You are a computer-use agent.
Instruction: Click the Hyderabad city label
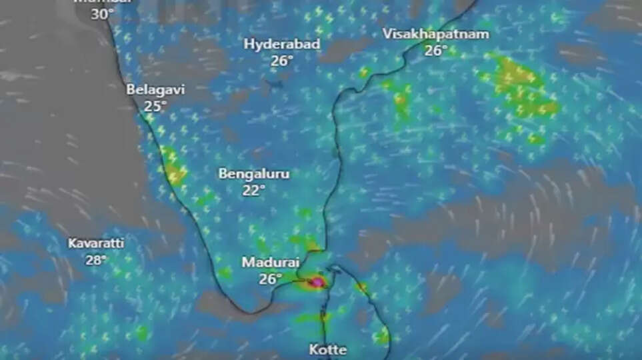click(x=281, y=44)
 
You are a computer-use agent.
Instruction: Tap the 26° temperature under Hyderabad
click(x=282, y=60)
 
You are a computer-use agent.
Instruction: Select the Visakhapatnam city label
click(x=435, y=34)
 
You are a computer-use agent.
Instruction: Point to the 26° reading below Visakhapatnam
click(x=436, y=50)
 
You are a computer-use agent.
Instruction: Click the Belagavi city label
click(x=155, y=89)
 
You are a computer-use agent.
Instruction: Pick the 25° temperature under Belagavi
click(x=155, y=106)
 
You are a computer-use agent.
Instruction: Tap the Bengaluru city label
click(x=254, y=173)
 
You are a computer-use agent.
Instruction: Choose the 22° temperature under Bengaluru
click(x=254, y=189)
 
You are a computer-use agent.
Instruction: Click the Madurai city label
click(x=271, y=263)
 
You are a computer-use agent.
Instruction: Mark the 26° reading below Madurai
click(x=271, y=279)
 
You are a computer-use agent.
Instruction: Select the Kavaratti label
click(x=96, y=243)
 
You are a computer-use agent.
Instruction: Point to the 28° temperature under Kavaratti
click(x=96, y=259)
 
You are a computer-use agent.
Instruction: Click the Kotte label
click(x=328, y=349)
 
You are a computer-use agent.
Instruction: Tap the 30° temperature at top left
click(x=102, y=13)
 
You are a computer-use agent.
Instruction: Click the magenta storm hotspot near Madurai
click(x=317, y=283)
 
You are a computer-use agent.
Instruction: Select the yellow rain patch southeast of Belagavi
click(x=175, y=173)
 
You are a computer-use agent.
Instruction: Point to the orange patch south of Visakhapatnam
click(x=401, y=101)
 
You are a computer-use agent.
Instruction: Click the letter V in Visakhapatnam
click(x=387, y=34)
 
